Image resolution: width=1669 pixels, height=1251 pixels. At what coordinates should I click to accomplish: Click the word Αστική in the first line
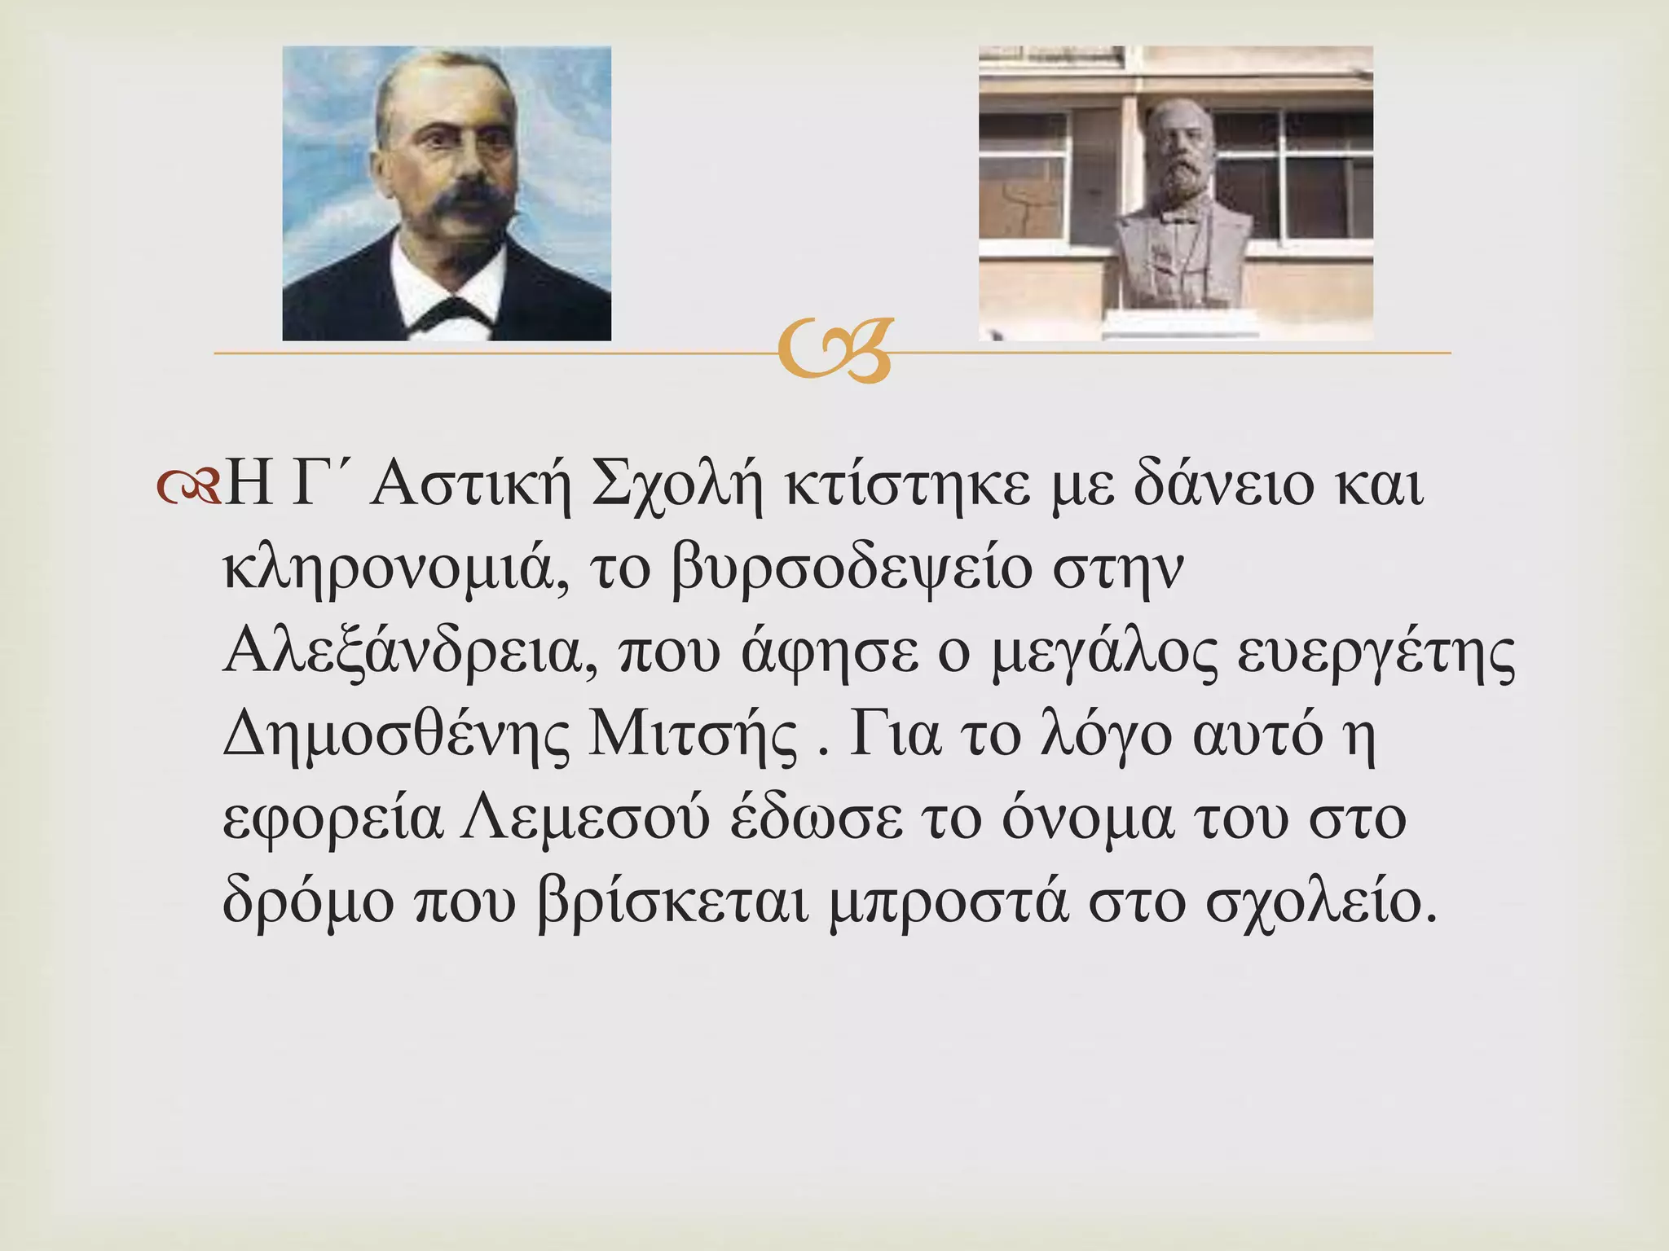(469, 487)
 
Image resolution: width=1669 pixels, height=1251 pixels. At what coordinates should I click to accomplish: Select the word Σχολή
(678, 487)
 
